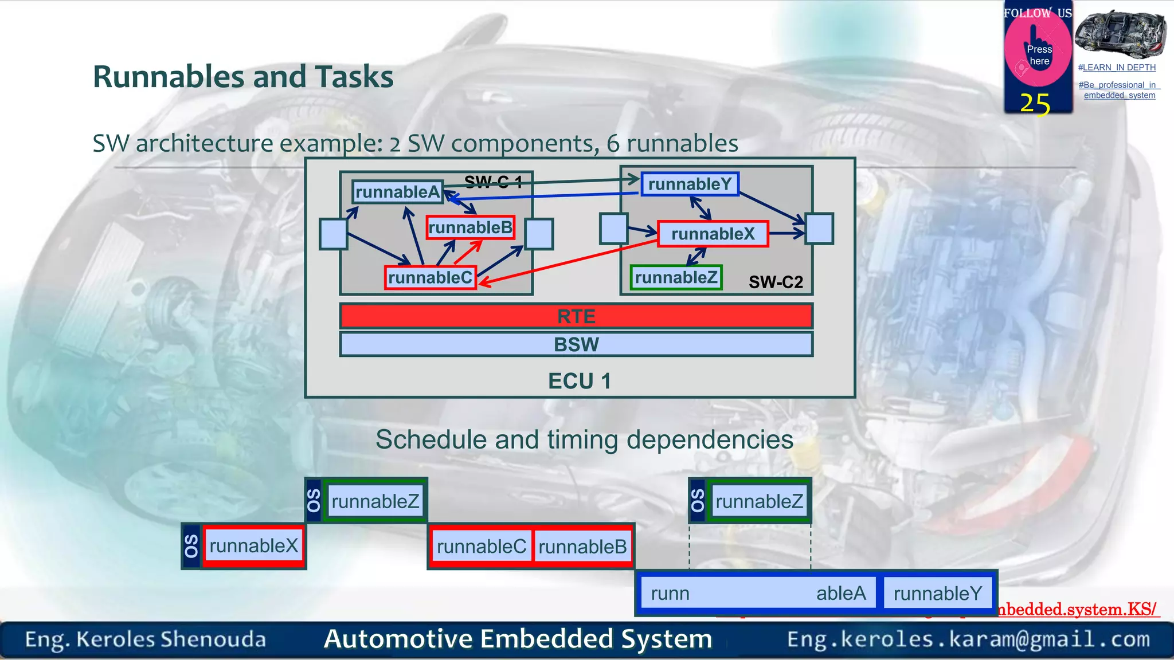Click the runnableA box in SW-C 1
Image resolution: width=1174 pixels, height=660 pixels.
click(397, 192)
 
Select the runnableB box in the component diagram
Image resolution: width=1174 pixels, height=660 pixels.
click(470, 227)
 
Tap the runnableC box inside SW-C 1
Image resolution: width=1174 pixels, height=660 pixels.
click(430, 278)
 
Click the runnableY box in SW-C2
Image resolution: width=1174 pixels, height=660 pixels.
click(690, 184)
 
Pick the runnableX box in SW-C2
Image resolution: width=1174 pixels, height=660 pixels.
click(713, 234)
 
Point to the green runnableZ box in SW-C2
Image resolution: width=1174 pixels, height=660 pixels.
click(676, 277)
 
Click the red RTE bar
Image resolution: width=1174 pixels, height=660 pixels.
click(576, 316)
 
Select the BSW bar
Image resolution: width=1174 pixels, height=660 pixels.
click(576, 344)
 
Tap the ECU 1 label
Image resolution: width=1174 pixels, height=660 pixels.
click(579, 381)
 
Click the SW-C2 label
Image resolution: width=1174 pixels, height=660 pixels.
click(776, 282)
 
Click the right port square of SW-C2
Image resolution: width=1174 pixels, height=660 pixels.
click(819, 228)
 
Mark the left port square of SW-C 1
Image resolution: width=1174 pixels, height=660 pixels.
click(333, 234)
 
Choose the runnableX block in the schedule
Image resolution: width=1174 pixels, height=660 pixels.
click(253, 545)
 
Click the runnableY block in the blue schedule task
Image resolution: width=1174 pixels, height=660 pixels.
click(938, 594)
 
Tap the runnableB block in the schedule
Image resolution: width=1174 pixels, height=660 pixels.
click(582, 547)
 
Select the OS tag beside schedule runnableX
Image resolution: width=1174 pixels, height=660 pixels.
click(191, 546)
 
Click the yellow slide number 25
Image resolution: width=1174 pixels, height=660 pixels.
click(1035, 104)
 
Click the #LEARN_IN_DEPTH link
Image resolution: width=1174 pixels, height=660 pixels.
click(1117, 68)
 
